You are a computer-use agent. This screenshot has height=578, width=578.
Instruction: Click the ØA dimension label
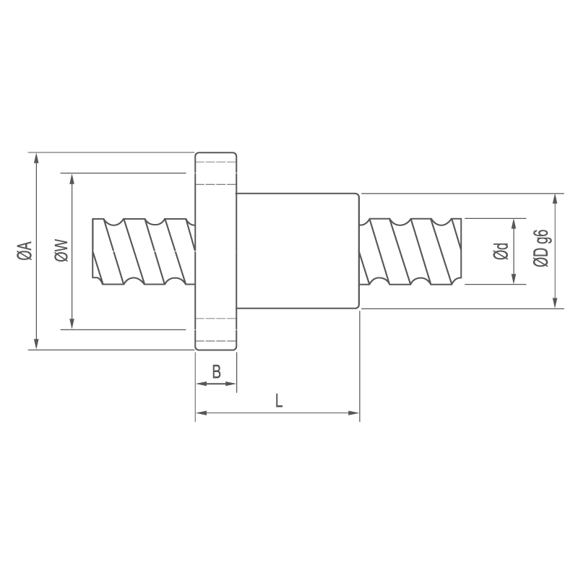coord(25,251)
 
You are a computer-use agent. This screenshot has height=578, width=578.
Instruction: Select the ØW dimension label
coord(61,251)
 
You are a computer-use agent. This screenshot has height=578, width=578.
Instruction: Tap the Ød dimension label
coord(501,251)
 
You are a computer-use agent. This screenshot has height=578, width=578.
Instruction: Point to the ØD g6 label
coord(540,248)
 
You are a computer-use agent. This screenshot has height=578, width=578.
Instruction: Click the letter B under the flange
coord(216,371)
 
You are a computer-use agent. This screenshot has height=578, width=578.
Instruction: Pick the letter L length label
coord(279,400)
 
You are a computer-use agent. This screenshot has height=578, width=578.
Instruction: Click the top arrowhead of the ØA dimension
coord(35,158)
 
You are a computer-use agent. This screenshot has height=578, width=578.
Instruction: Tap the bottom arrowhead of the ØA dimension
coord(35,345)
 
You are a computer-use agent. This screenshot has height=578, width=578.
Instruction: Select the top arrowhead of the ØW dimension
coord(72,178)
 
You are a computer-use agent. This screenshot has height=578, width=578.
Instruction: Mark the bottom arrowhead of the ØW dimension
coord(72,324)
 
